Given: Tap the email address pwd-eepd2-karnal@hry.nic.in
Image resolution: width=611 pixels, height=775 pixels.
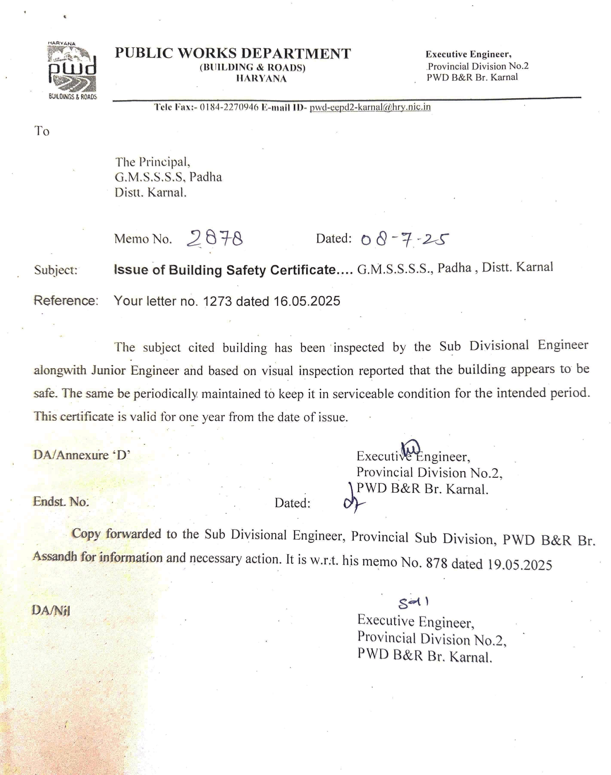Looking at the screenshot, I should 370,107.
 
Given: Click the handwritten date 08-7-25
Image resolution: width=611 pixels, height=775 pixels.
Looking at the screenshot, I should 405,239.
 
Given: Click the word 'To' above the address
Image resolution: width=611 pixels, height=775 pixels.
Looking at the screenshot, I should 42,131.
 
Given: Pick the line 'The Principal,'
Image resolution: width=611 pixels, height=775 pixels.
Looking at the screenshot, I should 152,162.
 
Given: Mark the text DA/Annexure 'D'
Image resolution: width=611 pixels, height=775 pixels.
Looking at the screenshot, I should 82,455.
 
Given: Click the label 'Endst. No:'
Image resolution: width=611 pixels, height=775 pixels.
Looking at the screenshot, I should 61,502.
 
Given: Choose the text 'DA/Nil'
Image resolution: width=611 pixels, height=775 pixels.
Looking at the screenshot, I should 51,610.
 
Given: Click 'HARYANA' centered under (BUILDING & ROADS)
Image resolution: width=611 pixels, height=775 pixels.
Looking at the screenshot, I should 261,79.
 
